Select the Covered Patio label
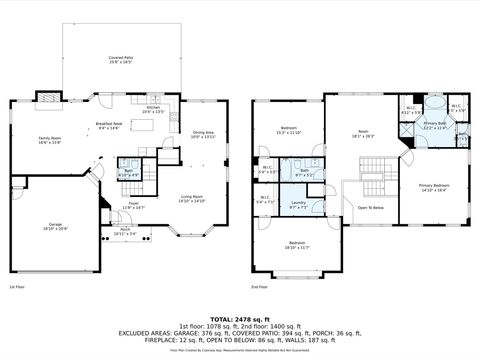tap(123, 60)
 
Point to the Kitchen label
tap(153, 109)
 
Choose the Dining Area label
tap(202, 134)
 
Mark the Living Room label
tap(192, 199)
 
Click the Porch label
tap(125, 231)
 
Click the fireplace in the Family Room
tap(43, 99)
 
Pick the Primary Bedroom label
tap(433, 188)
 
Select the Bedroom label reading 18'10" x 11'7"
tap(297, 246)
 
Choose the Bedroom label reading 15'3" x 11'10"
tap(289, 130)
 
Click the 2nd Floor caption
tap(259, 286)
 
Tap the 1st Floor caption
tap(16, 286)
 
